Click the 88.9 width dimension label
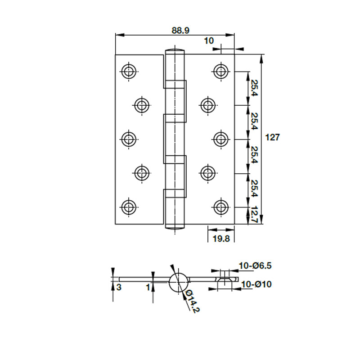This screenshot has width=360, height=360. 180,30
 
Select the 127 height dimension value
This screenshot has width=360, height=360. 273,137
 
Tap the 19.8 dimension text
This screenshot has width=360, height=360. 221,239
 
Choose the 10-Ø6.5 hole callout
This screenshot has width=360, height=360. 255,265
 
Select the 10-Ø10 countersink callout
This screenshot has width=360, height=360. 256,284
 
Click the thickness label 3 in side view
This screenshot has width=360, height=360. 119,287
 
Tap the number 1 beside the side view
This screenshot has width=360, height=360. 148,287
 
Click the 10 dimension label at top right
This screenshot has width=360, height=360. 209,40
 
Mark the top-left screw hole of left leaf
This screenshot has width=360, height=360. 129,72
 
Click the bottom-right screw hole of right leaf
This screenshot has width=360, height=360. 221,207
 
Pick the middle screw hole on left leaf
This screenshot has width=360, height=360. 129,139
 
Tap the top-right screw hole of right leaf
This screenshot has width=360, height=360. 221,72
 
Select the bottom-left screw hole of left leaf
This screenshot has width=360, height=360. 129,207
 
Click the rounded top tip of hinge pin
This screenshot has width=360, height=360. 175,49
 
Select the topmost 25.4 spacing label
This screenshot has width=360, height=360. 255,88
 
